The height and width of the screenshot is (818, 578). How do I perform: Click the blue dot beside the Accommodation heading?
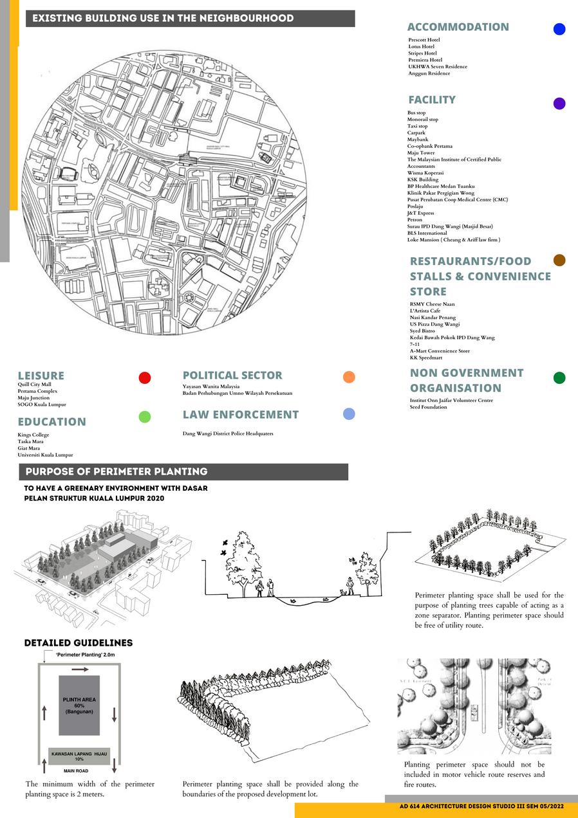[x=559, y=29]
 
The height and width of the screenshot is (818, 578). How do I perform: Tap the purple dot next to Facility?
[x=559, y=104]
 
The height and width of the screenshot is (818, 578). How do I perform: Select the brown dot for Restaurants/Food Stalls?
[x=559, y=260]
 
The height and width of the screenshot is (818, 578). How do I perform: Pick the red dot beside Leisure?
[x=145, y=377]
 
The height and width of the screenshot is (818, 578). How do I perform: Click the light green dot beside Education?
[x=145, y=417]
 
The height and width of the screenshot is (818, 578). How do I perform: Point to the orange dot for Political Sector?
[x=349, y=377]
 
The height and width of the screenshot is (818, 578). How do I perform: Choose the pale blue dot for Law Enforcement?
[x=349, y=414]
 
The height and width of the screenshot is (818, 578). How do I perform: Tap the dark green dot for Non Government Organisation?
[x=559, y=377]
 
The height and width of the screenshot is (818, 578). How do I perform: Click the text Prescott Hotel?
[x=424, y=40]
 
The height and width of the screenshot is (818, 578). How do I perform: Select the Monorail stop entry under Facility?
[x=422, y=120]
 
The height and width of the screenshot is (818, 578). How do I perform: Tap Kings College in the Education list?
[x=33, y=435]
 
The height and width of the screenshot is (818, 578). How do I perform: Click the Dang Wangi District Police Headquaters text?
[x=228, y=433]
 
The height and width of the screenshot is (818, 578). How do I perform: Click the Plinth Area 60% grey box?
[x=79, y=705]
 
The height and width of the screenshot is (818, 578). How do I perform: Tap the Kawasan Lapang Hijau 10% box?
[x=79, y=756]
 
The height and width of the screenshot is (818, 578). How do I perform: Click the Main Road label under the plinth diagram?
[x=76, y=770]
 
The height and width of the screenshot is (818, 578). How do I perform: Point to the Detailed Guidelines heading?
[x=79, y=643]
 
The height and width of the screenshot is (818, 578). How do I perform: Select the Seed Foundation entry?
[x=428, y=407]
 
